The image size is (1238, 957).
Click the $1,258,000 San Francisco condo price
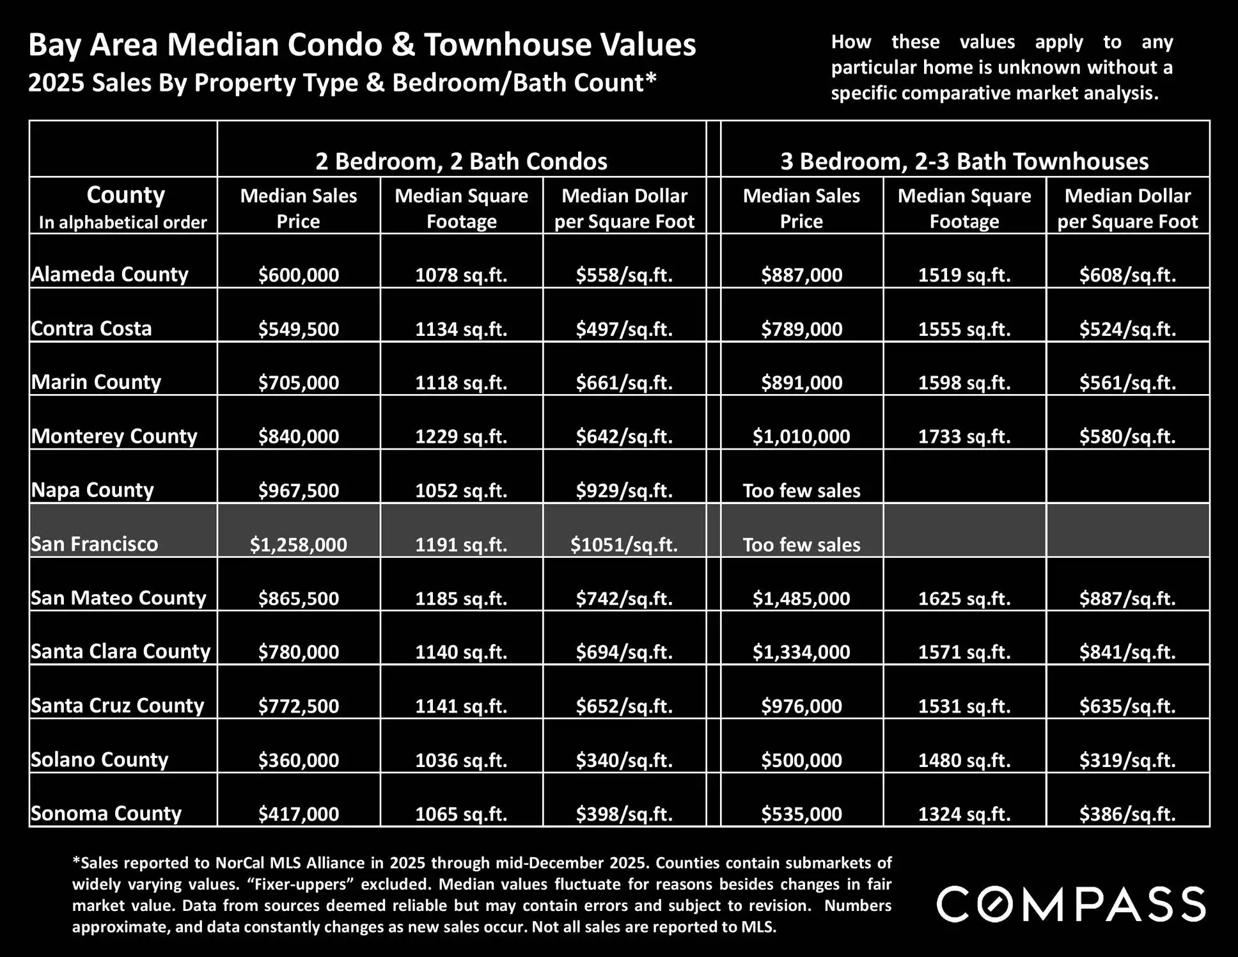pos(298,544)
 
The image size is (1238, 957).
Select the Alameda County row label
pos(109,274)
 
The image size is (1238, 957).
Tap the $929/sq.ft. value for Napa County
pos(624,491)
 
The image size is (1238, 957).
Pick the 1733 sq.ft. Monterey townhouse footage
pos(964,436)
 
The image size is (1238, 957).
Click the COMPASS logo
pos(1070,905)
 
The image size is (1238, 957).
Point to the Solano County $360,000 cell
pos(298,760)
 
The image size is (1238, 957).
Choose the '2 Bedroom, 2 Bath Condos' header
pos(461,161)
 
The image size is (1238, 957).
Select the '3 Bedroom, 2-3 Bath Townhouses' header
pos(964,161)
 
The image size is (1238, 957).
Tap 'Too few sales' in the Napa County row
pos(801,491)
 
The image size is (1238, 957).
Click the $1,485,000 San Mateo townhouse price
pos(801,598)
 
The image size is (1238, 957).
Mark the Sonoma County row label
pos(106,813)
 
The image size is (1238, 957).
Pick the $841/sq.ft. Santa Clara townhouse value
pos(1127,652)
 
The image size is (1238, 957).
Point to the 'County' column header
pos(125,194)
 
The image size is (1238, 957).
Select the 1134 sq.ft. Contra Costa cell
pos(461,329)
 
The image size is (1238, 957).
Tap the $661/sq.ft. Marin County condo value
pos(624,383)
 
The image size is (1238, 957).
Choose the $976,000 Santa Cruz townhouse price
pos(801,706)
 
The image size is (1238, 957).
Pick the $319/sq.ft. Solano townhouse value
pos(1127,760)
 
